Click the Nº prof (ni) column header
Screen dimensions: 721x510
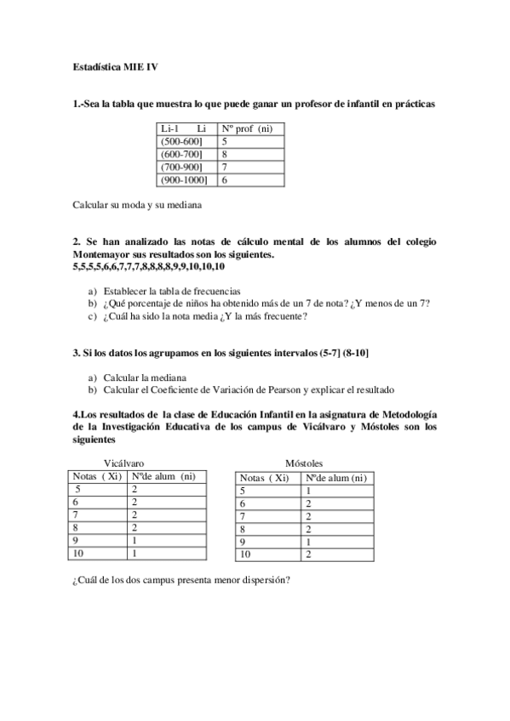click(247, 128)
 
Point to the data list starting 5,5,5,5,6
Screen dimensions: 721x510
click(149, 267)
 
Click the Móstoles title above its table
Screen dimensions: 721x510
click(303, 464)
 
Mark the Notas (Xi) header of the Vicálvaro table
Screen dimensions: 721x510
click(97, 477)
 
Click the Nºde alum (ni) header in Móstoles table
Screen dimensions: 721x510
click(336, 478)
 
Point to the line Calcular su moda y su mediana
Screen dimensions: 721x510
click(137, 205)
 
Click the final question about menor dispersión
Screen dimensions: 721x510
click(181, 581)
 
